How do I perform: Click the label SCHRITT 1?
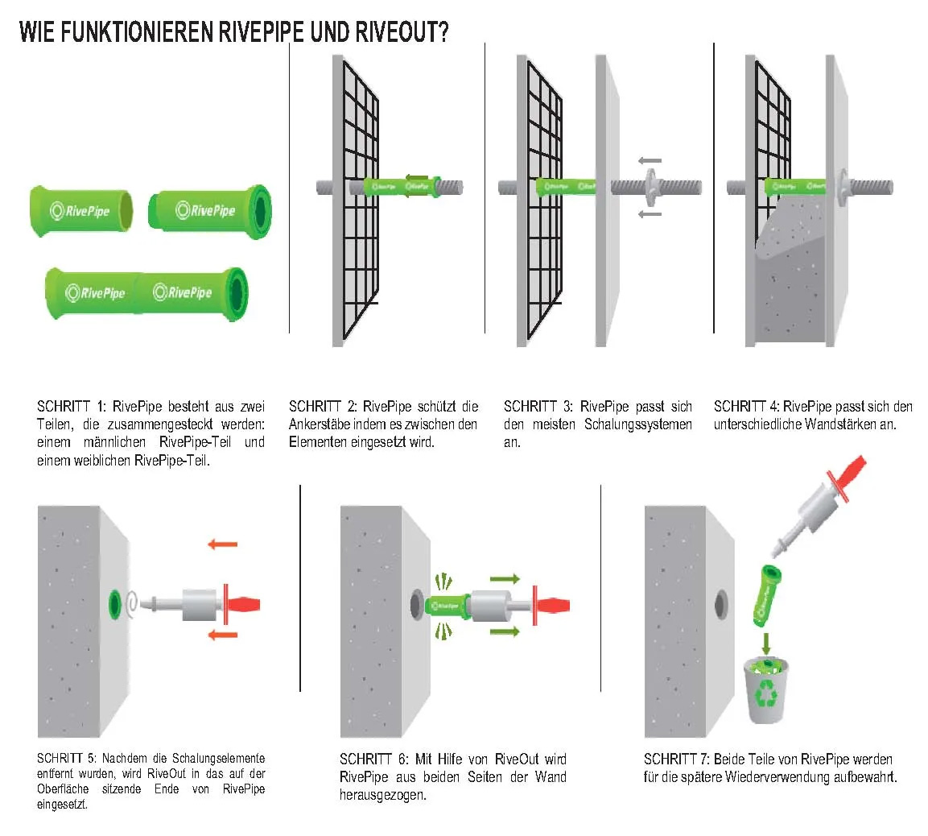point(71,407)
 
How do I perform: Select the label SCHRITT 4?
point(746,407)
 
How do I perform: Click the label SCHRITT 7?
point(677,759)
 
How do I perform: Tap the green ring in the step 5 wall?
point(115,602)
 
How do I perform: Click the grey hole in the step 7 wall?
point(720,602)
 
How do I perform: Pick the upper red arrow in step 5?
point(222,544)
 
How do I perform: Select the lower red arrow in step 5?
point(222,635)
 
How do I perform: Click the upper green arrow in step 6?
point(505,578)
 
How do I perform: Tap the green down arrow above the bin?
point(766,642)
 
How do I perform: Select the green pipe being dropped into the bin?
point(766,594)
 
